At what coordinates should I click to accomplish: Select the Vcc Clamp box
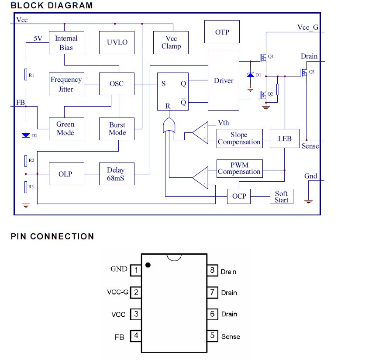171,42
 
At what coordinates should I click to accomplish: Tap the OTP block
222,32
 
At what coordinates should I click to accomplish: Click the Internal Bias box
66,42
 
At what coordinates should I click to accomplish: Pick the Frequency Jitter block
66,84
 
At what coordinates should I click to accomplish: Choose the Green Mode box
65,128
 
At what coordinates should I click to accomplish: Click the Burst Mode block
117,128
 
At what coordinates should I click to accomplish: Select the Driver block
223,80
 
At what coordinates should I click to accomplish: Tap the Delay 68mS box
116,174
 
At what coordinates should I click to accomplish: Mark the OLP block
65,174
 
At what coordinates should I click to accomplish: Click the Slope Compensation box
239,138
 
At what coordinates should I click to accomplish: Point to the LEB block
284,138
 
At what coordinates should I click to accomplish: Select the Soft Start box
281,196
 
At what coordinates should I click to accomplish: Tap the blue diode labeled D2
26,135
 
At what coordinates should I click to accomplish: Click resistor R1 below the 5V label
26,75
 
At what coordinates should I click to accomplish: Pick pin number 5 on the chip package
213,336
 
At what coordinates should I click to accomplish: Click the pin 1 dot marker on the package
148,265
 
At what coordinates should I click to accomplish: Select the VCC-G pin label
117,292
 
